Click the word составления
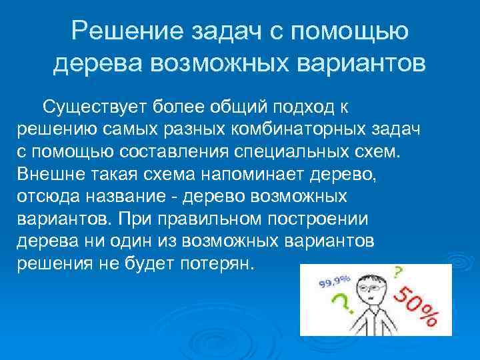coord(177,150)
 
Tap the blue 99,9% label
coord(338,279)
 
